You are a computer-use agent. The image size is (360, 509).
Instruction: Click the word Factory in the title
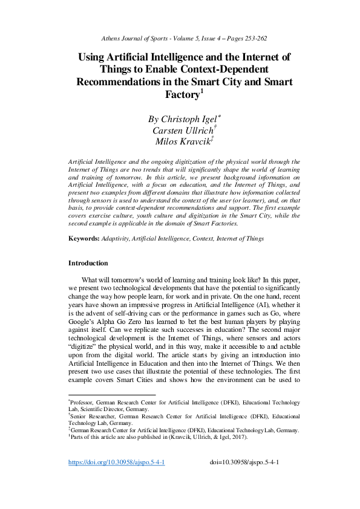[x=182, y=95]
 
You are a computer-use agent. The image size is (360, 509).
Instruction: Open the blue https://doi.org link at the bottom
[x=116, y=479]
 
